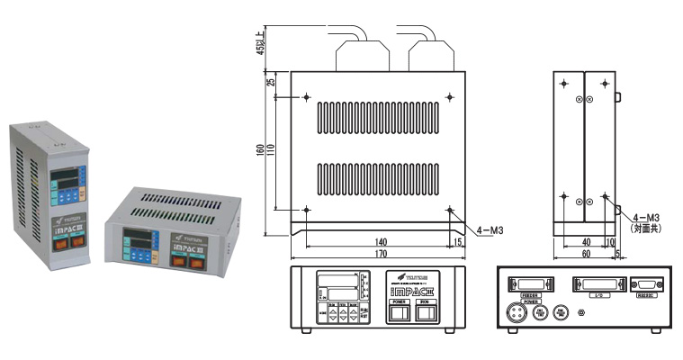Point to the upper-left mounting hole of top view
[x=307, y=97]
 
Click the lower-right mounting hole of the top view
[x=450, y=211]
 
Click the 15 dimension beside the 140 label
[x=458, y=240]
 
